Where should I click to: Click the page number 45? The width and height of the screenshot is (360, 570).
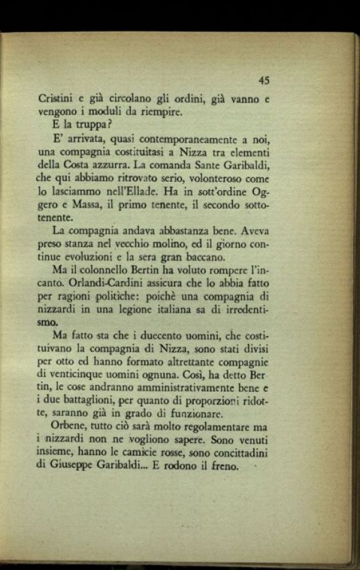coord(263,80)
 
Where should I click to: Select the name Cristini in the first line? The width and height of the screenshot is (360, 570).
coord(54,99)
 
